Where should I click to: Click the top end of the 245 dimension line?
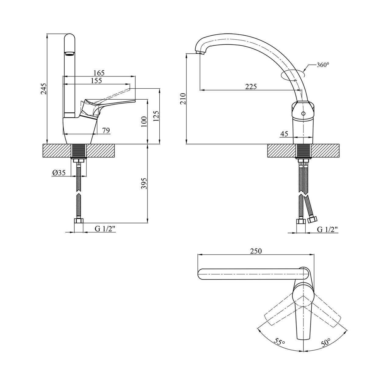coord(47,34)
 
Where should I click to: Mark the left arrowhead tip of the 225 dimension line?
coord(200,90)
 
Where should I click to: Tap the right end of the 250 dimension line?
coord(314,255)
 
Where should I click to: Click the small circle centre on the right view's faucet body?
coord(303,114)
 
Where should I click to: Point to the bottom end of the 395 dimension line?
coord(147,223)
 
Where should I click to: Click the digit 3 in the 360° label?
coord(319,65)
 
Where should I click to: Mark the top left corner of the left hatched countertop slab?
coord(43,144)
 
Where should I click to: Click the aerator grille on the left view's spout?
coord(69,54)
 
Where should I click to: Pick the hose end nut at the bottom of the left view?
coord(79,221)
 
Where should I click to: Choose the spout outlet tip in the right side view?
coord(200,53)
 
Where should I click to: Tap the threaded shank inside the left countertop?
coord(79,151)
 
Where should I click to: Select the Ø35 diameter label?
coord(59,172)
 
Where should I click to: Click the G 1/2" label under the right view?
coord(328,229)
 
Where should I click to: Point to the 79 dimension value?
coord(106,130)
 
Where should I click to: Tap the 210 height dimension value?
coord(183,99)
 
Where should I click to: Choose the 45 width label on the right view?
coord(284,134)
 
